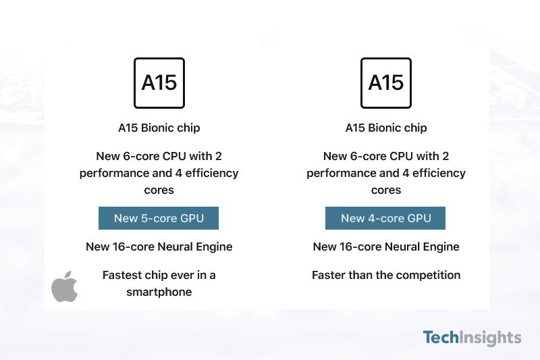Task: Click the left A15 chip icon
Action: click(x=159, y=83)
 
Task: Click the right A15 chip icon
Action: click(x=385, y=83)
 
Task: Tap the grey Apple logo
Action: click(x=64, y=286)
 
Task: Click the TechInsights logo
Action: click(x=472, y=338)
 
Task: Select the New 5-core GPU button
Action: click(x=159, y=218)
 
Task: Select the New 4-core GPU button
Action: click(x=385, y=218)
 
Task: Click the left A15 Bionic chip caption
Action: click(x=159, y=128)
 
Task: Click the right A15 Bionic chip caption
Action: click(x=386, y=128)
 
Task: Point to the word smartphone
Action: click(x=159, y=292)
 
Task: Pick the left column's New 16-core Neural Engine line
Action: click(x=159, y=247)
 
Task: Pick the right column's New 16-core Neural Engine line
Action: click(x=386, y=247)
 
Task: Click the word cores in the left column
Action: click(x=159, y=190)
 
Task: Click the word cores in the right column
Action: click(x=386, y=190)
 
